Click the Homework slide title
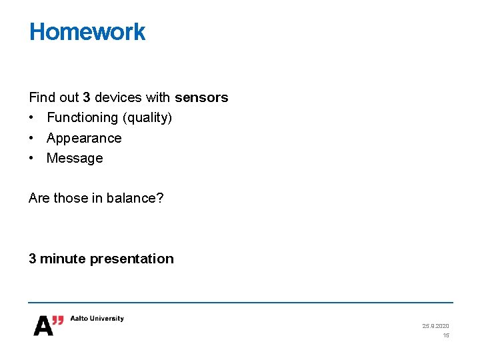[x=87, y=32]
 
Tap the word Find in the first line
[x=43, y=97]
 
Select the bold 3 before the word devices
[x=86, y=97]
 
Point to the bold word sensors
[x=201, y=97]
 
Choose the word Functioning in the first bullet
[x=82, y=118]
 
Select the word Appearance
[x=84, y=138]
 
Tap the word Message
[x=75, y=158]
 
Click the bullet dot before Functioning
[x=32, y=118]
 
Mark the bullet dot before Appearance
[x=32, y=138]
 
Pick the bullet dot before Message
[x=32, y=158]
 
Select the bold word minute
[x=63, y=259]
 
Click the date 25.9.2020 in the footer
[x=435, y=326]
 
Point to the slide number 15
[x=446, y=335]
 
